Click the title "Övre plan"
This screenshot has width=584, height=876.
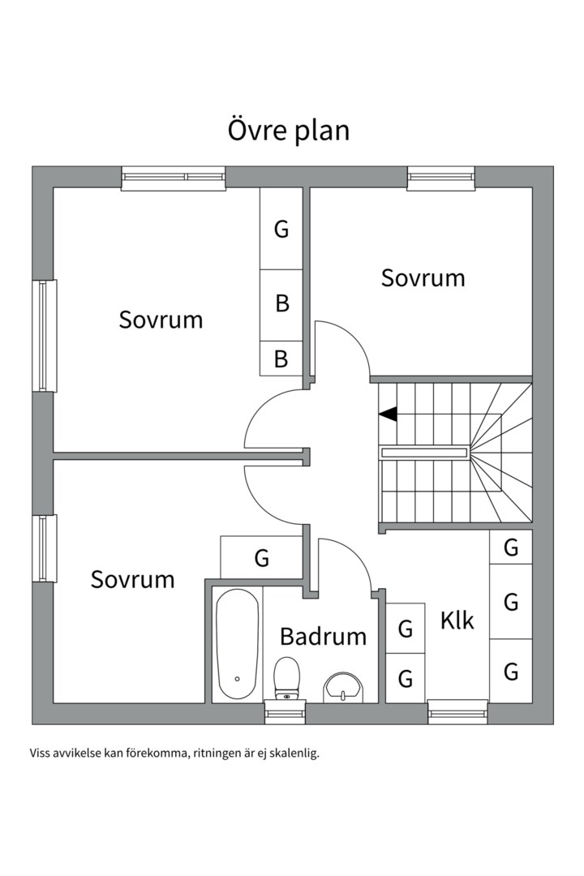(289, 131)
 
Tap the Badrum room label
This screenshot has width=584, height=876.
(323, 637)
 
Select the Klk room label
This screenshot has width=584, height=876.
(457, 620)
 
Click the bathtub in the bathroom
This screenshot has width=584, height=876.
(238, 643)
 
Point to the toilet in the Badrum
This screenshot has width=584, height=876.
(286, 678)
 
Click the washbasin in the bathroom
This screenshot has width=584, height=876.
(343, 687)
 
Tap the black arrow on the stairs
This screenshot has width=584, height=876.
(388, 414)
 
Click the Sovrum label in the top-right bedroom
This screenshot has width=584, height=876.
(423, 277)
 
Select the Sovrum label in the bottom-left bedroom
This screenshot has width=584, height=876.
(132, 579)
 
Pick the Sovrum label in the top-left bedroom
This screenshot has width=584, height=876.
(161, 320)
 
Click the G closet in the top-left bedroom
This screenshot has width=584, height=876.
(281, 229)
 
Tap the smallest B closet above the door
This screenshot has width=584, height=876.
(281, 359)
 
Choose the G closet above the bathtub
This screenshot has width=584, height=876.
(261, 557)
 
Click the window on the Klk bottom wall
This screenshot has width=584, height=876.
(457, 714)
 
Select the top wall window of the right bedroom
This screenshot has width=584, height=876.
(441, 178)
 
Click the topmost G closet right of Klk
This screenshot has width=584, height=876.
(511, 547)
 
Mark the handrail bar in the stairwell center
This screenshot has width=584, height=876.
(424, 453)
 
